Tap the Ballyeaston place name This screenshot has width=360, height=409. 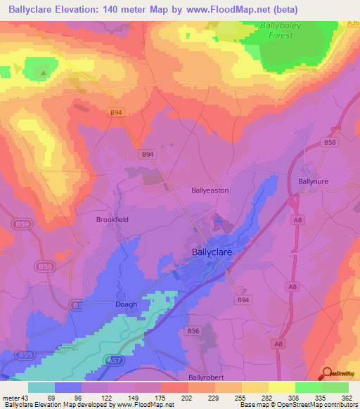(210, 190)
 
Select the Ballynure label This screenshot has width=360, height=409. (314, 181)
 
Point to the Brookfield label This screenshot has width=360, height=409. (112, 219)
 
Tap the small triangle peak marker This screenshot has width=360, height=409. (44, 72)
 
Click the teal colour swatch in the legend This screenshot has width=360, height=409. (41, 387)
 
